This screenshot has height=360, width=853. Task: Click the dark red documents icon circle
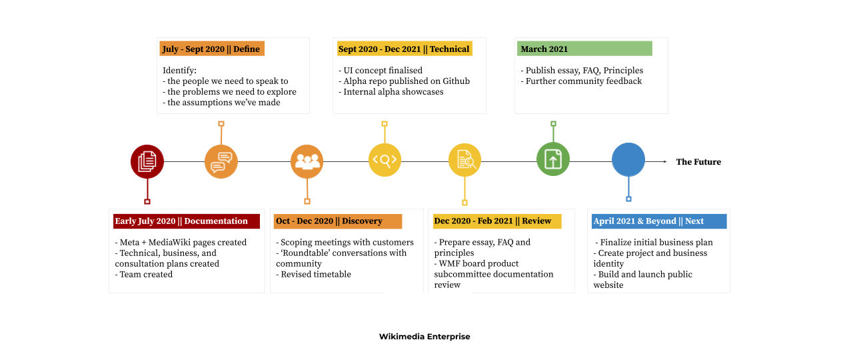point(147,161)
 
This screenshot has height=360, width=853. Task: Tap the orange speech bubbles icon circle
point(221,161)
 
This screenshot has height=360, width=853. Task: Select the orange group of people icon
point(307,161)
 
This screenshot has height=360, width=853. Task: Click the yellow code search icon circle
point(385,160)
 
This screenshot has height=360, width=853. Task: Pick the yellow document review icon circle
point(464,160)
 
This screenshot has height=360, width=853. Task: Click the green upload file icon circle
point(553,159)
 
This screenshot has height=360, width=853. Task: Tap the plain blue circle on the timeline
point(628,159)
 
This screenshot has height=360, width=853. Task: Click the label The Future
point(698,162)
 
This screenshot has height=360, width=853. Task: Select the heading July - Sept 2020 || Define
point(211,49)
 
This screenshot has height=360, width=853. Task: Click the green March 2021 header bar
point(584,49)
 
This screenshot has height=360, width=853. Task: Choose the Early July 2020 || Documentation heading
point(181,221)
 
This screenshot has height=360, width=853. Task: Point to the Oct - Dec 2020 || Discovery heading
point(329,221)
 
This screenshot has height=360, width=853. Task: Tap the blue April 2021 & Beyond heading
point(648,221)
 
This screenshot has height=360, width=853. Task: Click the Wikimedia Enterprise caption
point(425,337)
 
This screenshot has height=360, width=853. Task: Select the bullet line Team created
point(144,274)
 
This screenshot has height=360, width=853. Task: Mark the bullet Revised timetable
point(313,274)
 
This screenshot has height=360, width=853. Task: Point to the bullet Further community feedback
point(581,81)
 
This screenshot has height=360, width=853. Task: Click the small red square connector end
point(147,201)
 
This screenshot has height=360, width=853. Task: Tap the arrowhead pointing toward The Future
point(665,161)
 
